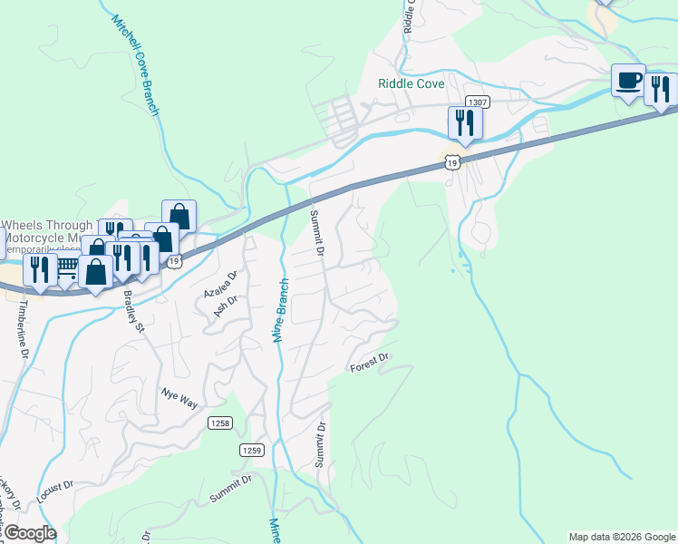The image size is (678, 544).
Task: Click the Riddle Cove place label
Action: tap(411, 83)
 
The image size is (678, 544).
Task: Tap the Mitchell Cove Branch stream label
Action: tap(137, 65)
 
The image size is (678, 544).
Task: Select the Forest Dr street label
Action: tap(370, 363)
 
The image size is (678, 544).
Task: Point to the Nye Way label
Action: tap(179, 397)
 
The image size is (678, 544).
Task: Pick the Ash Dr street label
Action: tap(224, 303)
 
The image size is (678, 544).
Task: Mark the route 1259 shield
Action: tap(252, 450)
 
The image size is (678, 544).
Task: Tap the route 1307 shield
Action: tap(478, 102)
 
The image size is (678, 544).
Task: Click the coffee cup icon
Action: tap(627, 80)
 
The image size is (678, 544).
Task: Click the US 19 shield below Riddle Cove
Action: tap(453, 160)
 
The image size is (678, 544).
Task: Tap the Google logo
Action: tap(30, 533)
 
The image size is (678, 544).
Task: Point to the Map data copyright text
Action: tap(622, 537)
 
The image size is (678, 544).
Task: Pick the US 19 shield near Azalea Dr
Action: tap(175, 261)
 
